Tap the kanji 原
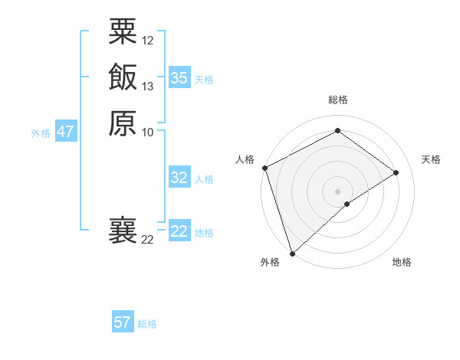click(x=123, y=123)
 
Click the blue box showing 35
click(x=179, y=78)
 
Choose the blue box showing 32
click(x=179, y=178)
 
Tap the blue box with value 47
click(x=66, y=132)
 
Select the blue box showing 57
click(x=123, y=322)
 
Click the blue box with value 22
click(x=179, y=231)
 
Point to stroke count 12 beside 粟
click(x=148, y=40)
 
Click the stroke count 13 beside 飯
click(x=148, y=87)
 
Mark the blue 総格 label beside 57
click(x=147, y=324)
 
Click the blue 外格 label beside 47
click(x=41, y=133)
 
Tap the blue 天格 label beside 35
click(x=204, y=80)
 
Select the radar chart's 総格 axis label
click(x=338, y=100)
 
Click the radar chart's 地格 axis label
click(x=402, y=263)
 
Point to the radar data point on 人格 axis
click(x=264, y=168)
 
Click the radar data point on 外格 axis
click(x=292, y=253)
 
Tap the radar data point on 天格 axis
click(x=396, y=172)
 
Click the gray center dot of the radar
click(x=337, y=191)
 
